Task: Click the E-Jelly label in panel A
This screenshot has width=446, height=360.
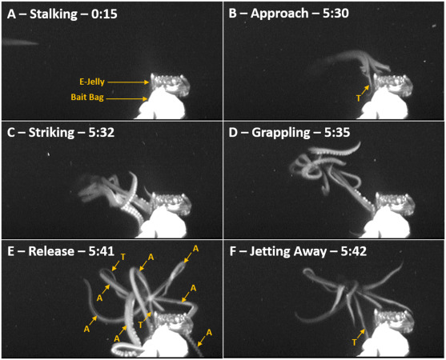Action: coord(92,82)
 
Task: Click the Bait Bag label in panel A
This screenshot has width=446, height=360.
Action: coord(87,97)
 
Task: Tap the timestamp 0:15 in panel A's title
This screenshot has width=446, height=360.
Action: coord(104,14)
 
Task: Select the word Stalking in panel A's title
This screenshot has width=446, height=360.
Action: coord(54,14)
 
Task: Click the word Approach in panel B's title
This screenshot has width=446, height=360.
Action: coord(279,14)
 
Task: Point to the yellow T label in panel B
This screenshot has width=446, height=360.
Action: coord(359,98)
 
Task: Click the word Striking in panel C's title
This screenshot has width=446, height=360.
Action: coord(51,133)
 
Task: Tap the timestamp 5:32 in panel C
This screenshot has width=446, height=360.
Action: coord(102,133)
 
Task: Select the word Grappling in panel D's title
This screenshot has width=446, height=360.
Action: coord(281,133)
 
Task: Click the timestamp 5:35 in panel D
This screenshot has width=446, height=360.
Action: coord(337,133)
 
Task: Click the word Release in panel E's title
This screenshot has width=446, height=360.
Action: coord(51,251)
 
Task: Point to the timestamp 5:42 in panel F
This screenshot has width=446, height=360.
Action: coord(354,251)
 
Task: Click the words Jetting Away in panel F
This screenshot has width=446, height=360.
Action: coord(287,252)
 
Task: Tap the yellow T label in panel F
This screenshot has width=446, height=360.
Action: coord(354,342)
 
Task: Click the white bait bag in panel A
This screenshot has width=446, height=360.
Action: coord(161,105)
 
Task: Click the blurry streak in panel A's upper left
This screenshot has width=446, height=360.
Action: coord(20,42)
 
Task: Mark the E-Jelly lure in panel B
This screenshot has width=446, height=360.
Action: coord(392,83)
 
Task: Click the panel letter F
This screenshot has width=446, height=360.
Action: coord(233,252)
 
